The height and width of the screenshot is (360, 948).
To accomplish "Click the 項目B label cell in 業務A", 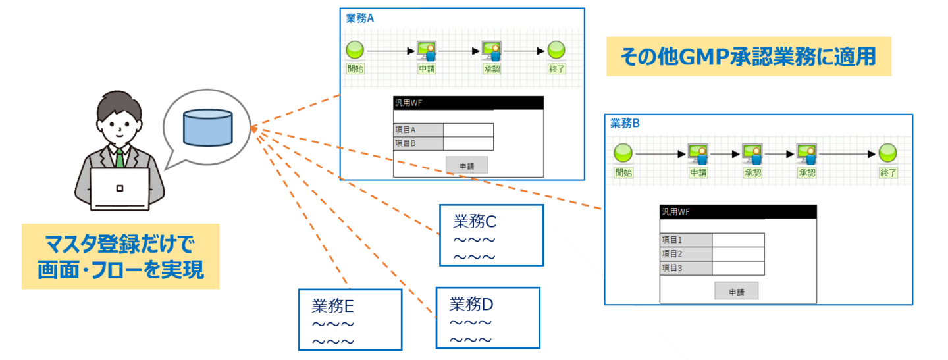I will [x=418, y=143].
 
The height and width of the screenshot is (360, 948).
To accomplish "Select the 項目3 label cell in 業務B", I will [x=685, y=268].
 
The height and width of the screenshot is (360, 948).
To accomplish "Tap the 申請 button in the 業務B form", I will [x=736, y=291].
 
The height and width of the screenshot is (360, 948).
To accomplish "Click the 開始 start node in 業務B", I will [x=623, y=153].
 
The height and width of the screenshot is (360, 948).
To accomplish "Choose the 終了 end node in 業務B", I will [x=889, y=153].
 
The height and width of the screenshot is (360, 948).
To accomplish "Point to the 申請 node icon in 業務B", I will [x=698, y=153].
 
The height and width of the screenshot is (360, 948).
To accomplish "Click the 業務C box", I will [x=491, y=235].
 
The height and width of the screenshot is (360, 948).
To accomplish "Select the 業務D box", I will [x=487, y=318].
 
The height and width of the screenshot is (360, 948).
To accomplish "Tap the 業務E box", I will [x=350, y=319].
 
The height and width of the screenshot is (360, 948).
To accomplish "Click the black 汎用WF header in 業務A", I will [x=468, y=103].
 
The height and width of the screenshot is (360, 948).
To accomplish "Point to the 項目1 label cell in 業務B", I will [x=685, y=240].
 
